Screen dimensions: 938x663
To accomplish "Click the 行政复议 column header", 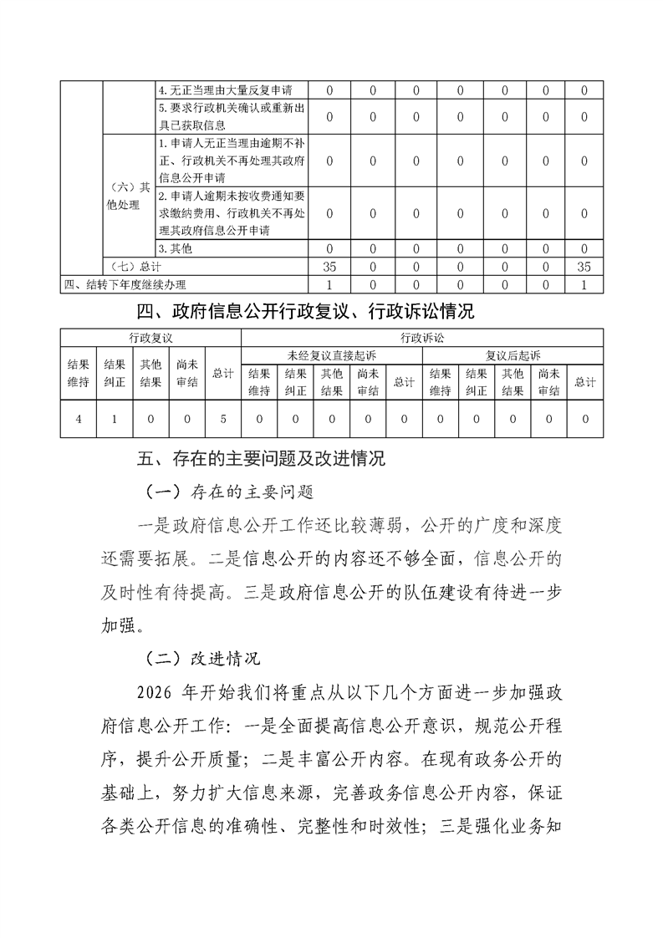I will point(150,338).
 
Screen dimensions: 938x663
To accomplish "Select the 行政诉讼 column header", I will point(422,338).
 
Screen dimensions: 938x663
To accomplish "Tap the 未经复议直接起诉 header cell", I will point(332,355).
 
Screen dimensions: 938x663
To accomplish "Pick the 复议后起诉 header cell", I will point(513,355).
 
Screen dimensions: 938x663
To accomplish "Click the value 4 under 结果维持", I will point(79,418).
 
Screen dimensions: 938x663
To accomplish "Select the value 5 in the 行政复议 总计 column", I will point(222,418).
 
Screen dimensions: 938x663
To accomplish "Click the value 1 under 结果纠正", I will point(115,418).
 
